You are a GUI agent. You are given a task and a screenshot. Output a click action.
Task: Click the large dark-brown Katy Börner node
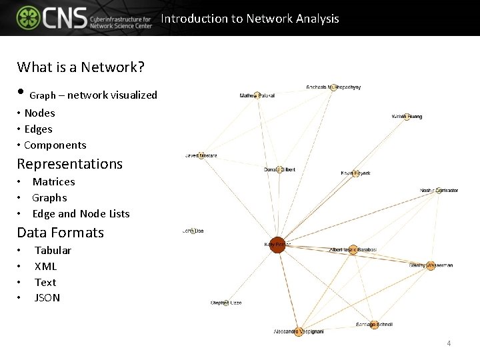pos(277,245)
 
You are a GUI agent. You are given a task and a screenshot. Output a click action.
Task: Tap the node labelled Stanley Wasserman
pos(431,265)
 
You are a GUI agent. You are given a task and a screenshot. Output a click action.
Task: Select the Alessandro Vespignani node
pos(298,331)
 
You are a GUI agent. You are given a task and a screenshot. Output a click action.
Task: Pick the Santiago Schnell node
pos(374,325)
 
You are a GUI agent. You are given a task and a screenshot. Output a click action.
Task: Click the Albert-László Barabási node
pos(353,250)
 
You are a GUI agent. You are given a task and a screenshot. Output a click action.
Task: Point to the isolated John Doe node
pos(193,231)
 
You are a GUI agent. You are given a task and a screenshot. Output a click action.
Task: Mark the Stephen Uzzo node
pos(226,303)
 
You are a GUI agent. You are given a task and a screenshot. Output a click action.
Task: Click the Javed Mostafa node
pos(201,156)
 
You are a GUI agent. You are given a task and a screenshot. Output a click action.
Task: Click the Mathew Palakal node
pos(257,96)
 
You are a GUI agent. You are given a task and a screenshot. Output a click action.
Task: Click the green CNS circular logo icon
pos(28,18)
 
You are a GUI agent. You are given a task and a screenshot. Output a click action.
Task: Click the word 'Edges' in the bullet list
pos(38,129)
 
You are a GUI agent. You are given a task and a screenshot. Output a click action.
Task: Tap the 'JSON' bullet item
pos(47,298)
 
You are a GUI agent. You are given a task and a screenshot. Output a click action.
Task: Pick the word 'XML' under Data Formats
pos(45,266)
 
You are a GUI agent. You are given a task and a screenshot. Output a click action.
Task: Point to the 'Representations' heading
pos(70,163)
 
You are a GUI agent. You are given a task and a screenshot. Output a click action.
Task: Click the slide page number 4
pos(449,343)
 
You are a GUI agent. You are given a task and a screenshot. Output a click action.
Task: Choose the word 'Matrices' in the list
pos(53,181)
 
